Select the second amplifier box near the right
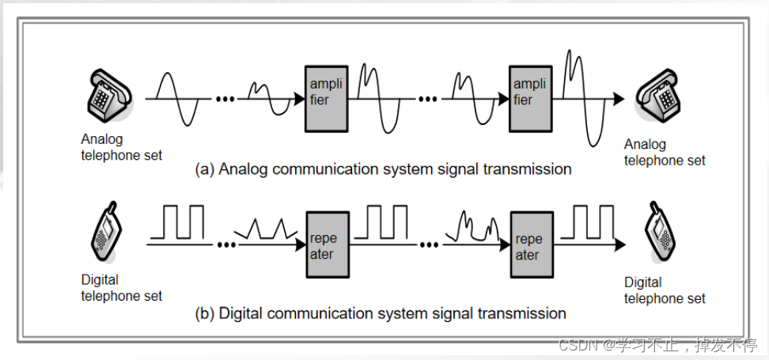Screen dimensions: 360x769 530,99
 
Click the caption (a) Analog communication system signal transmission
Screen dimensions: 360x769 383,169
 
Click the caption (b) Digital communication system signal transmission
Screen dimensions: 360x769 381,313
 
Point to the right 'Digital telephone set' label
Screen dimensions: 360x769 665,290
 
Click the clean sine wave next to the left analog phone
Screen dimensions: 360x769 178,99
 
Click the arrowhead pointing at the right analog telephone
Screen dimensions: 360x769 618,99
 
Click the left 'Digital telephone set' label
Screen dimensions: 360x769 121,288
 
